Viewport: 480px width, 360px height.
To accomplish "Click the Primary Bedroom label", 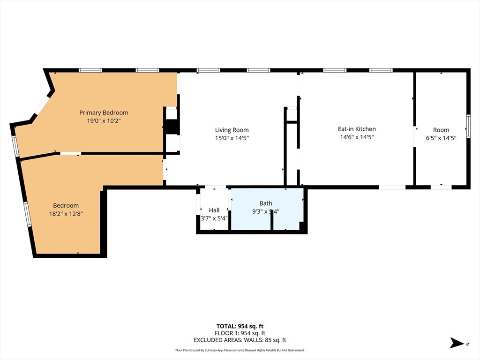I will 104,112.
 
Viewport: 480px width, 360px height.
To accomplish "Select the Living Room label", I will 232,130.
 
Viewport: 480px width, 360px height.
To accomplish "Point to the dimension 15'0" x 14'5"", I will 232,138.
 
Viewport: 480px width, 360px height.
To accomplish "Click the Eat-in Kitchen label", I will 357,129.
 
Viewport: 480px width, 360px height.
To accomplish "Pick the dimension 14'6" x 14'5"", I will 357,137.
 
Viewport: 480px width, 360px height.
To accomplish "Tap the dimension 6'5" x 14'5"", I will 441,138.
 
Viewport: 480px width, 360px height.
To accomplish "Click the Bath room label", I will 266,203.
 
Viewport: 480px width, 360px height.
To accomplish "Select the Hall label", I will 214,210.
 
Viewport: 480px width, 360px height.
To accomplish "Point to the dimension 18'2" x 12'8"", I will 66,214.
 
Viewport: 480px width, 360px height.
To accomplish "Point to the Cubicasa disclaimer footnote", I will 240,350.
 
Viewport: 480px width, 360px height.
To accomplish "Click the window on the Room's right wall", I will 468,126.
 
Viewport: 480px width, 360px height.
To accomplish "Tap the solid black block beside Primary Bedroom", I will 172,127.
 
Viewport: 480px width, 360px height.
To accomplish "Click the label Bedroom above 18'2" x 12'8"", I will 66,205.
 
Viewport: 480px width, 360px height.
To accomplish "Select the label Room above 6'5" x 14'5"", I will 441,130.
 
